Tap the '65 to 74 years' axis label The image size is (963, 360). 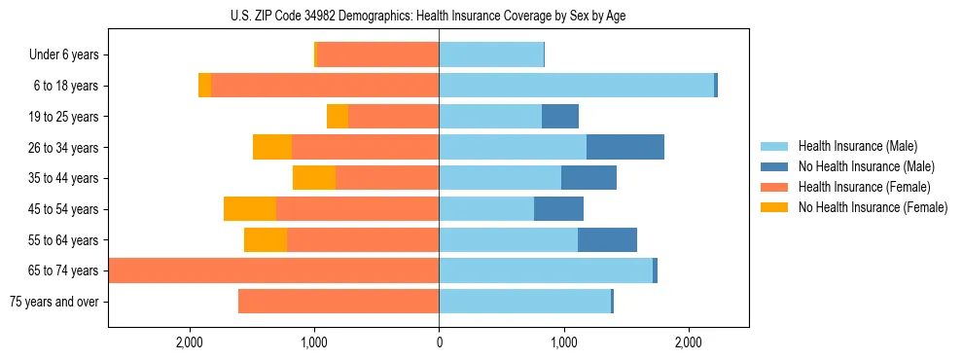coord(63,270)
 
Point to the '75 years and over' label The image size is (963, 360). coord(54,302)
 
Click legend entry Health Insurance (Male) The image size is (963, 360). coord(857,146)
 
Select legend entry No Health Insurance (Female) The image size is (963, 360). coord(873,207)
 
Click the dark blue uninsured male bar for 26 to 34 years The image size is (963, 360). coord(625,147)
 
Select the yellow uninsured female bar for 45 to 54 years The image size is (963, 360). coord(250,209)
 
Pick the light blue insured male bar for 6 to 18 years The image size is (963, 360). coord(576,86)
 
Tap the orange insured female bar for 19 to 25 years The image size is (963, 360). coord(393,117)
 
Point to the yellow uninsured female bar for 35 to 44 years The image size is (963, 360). coord(314,178)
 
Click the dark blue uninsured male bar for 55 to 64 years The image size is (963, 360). coord(607,240)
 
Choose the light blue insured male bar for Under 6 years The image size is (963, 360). coord(491,55)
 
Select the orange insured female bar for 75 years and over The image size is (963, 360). coord(339,302)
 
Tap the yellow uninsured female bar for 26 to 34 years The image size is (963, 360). coord(272,147)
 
